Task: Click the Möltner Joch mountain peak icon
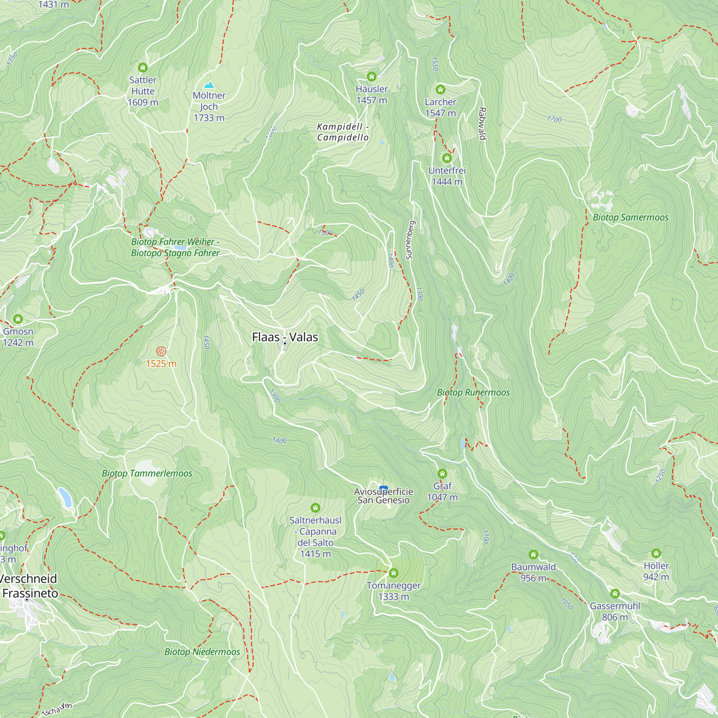coord(209,85)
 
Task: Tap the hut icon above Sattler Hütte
coord(143,67)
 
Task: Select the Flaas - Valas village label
coord(285,337)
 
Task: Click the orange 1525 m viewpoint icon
coord(161,351)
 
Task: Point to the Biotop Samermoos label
coord(630,218)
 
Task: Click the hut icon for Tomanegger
coord(393,573)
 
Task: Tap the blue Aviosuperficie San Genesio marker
coord(383,488)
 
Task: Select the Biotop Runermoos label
coord(473,392)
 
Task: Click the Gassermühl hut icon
coord(615,593)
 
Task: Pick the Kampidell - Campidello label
coord(342,132)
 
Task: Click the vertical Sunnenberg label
coord(410,240)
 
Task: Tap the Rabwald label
coord(482,123)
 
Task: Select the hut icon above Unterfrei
coord(447,158)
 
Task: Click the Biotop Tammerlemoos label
coord(147,474)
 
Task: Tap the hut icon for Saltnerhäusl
coord(315,508)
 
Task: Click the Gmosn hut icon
coord(18,319)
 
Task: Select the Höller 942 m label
coord(656,571)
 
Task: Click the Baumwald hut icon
coord(533,555)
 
